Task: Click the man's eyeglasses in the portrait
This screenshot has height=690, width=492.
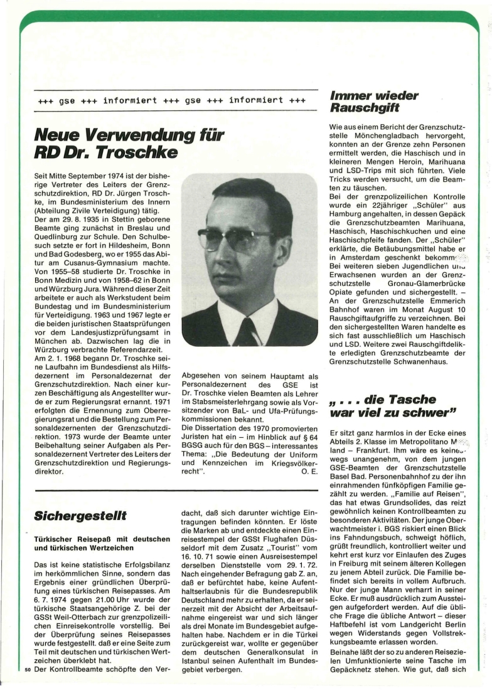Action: (x=237, y=238)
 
